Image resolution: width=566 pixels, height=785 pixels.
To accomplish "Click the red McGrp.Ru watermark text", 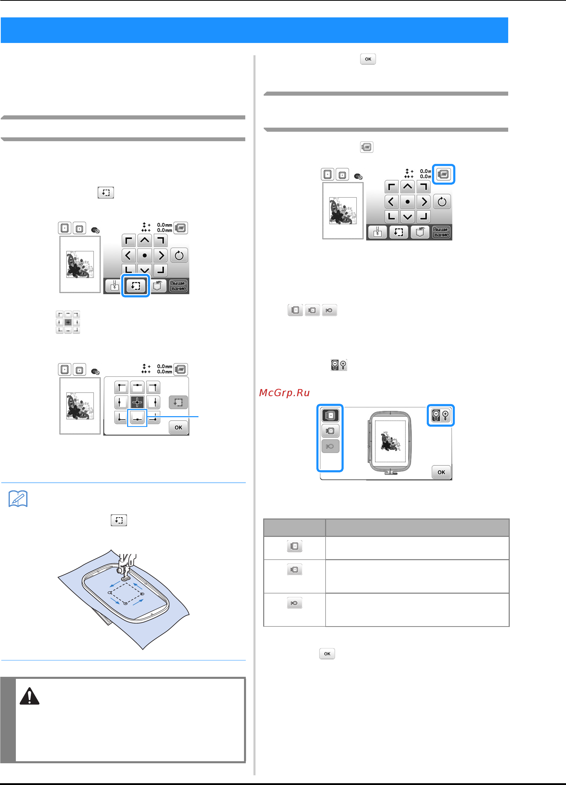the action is (x=284, y=393).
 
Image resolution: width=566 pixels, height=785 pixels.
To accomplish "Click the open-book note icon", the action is (x=18, y=499).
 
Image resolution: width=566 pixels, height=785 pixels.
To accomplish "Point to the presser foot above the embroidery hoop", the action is (x=125, y=568).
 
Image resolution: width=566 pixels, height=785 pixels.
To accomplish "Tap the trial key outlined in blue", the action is (x=135, y=285).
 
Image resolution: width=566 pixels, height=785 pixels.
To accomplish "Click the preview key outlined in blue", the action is (x=443, y=174).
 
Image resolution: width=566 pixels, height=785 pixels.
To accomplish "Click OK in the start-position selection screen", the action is (x=178, y=427).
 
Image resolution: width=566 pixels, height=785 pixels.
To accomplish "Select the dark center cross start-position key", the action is (x=137, y=402).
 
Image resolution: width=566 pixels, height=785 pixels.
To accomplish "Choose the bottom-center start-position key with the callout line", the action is (x=137, y=418).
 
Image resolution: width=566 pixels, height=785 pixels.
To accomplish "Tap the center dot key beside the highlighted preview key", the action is (x=407, y=202).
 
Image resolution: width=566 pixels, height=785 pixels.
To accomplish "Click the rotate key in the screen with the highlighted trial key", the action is (x=179, y=256).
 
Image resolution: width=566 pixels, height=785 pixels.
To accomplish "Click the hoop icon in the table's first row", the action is (x=295, y=546).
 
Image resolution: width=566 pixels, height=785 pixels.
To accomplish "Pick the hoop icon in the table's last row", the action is (x=295, y=603).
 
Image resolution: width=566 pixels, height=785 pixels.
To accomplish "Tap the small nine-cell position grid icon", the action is (x=68, y=322).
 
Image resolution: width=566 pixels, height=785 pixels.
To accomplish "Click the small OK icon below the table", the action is (x=327, y=654).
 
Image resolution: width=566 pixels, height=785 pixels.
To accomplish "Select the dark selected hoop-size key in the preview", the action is (x=330, y=415).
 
